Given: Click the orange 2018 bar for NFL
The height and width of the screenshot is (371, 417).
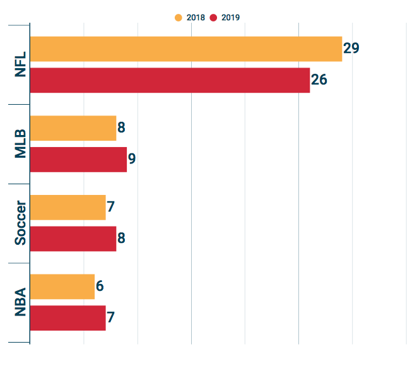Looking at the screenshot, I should pyautogui.click(x=185, y=49).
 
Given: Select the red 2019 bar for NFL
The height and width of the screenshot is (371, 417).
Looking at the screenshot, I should pyautogui.click(x=170, y=80).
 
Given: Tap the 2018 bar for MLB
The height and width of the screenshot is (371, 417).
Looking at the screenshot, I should pyautogui.click(x=73, y=128).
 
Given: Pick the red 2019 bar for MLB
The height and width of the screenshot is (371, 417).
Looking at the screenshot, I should pyautogui.click(x=78, y=160).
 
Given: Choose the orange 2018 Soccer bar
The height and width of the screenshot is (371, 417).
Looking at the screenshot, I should pyautogui.click(x=68, y=208).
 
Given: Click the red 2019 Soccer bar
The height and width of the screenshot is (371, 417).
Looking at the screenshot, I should pyautogui.click(x=73, y=238).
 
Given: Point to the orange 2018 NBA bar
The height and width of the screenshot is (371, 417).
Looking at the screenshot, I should pyautogui.click(x=62, y=286).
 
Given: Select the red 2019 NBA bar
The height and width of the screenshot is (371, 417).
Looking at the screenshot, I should pyautogui.click(x=68, y=317).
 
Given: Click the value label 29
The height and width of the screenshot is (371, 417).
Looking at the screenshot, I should pyautogui.click(x=351, y=49).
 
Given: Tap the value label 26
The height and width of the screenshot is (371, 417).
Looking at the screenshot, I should pyautogui.click(x=319, y=80).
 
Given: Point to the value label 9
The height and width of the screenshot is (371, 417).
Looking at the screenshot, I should pyautogui.click(x=132, y=159).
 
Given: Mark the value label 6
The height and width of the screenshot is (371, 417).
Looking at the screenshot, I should pyautogui.click(x=100, y=286).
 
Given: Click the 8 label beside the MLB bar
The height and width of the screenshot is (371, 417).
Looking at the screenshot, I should pyautogui.click(x=121, y=128).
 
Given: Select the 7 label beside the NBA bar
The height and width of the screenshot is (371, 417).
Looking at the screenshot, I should pyautogui.click(x=110, y=317).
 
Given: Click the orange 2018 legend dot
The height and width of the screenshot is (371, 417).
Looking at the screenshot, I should pyautogui.click(x=178, y=18).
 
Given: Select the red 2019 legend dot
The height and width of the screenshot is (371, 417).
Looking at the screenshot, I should pyautogui.click(x=213, y=18).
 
